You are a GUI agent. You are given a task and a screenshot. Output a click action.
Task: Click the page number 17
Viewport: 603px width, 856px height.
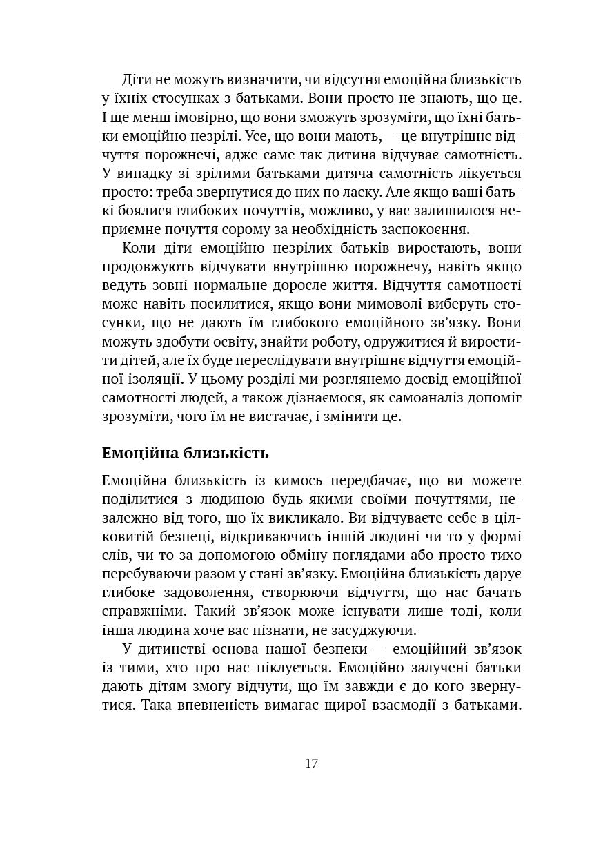[x=310, y=763]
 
